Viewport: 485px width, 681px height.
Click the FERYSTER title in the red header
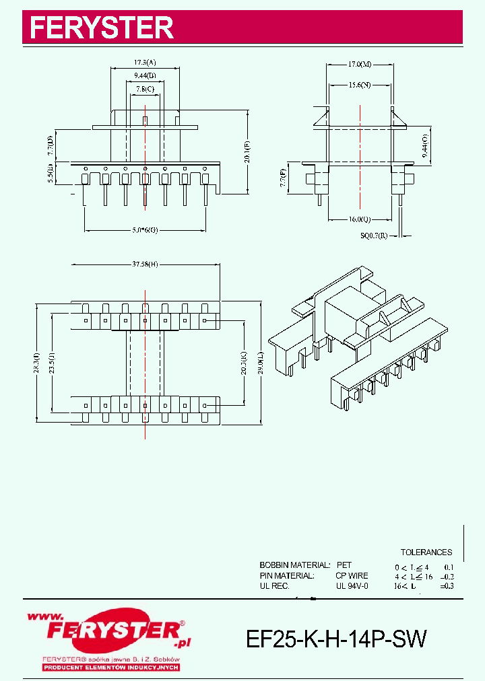point(102,28)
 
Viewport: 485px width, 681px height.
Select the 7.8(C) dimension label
point(144,89)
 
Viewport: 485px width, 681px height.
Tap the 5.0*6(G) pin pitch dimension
point(145,230)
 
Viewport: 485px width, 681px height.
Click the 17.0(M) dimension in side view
point(359,65)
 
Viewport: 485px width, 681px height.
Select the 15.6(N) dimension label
point(360,85)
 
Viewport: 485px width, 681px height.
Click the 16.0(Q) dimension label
point(360,219)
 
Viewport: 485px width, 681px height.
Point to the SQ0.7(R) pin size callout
point(375,236)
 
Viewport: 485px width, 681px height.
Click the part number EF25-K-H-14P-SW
point(336,639)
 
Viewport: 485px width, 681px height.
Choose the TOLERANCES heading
point(426,552)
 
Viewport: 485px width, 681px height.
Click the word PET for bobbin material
point(344,565)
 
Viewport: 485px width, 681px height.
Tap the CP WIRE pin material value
point(352,576)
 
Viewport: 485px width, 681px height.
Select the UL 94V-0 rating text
point(352,586)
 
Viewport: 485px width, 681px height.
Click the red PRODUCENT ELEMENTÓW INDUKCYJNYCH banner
point(110,667)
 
